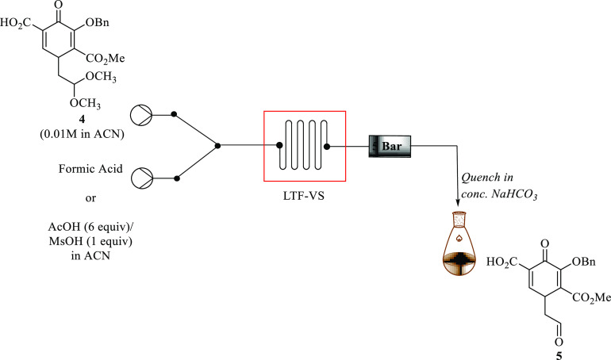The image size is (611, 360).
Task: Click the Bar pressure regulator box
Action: click(389, 146)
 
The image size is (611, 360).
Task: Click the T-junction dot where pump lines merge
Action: click(219, 146)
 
